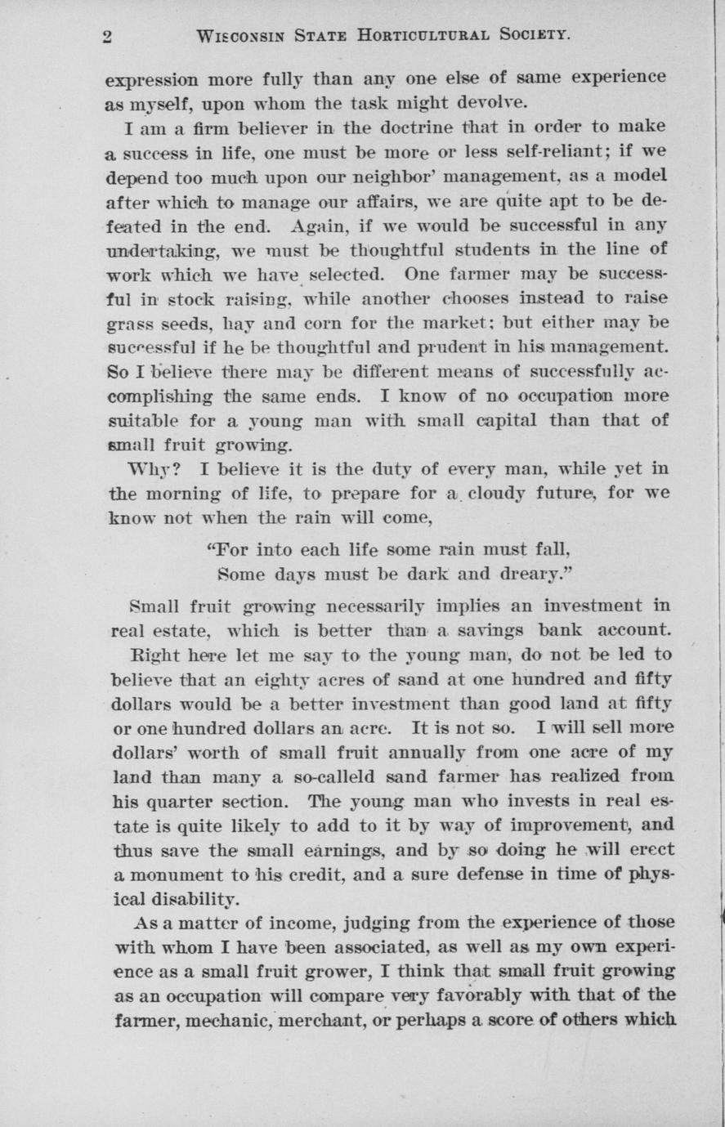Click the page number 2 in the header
107,36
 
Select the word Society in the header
530,36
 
